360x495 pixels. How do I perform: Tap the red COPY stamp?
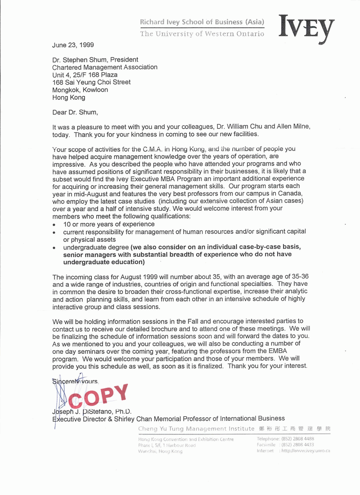(x=99, y=397)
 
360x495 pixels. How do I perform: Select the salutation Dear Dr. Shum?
(x=75, y=112)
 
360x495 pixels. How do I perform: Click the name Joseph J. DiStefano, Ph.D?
(x=92, y=411)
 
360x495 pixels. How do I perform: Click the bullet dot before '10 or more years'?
(x=54, y=224)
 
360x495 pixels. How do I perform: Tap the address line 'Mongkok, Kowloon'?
(x=80, y=90)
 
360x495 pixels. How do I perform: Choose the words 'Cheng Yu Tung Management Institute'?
(x=196, y=429)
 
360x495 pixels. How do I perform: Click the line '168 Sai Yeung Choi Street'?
(x=91, y=82)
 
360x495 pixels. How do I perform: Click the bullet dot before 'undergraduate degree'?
(x=54, y=247)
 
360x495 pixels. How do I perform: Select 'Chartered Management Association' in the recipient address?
(x=105, y=67)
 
